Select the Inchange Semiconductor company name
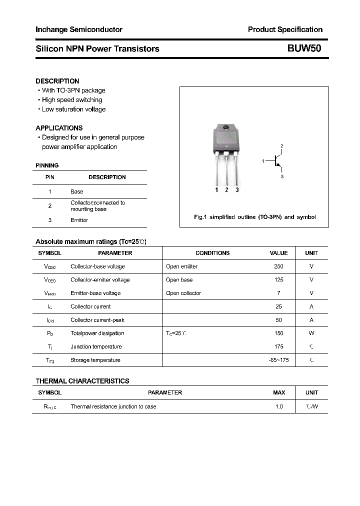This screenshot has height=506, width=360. pyautogui.click(x=79, y=29)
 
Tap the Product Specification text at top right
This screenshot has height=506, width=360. pyautogui.click(x=285, y=29)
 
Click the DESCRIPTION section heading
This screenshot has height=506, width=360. pyautogui.click(x=57, y=81)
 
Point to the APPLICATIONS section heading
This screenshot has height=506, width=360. pyautogui.click(x=59, y=128)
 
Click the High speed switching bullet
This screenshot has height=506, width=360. pyautogui.click(x=71, y=100)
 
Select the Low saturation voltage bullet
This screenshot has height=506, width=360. pyautogui.click(x=73, y=109)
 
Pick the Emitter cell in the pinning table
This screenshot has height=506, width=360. pyautogui.click(x=79, y=220)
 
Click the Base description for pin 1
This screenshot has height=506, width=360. pyautogui.click(x=76, y=191)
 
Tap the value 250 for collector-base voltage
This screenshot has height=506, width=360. pyautogui.click(x=278, y=266)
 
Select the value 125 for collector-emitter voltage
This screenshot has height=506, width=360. pyautogui.click(x=278, y=280)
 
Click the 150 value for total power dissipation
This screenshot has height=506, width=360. pyautogui.click(x=278, y=333)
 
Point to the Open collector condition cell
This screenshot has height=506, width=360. pyautogui.click(x=183, y=293)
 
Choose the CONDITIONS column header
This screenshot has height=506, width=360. pyautogui.click(x=212, y=253)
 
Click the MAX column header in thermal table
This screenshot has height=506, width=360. pyautogui.click(x=279, y=393)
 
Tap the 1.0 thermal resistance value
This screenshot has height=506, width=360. pyautogui.click(x=279, y=407)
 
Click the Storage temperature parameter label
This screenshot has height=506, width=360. pyautogui.click(x=95, y=360)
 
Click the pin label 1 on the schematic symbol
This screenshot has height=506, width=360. pyautogui.click(x=263, y=161)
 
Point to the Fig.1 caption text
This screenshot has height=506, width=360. pyautogui.click(x=254, y=217)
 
